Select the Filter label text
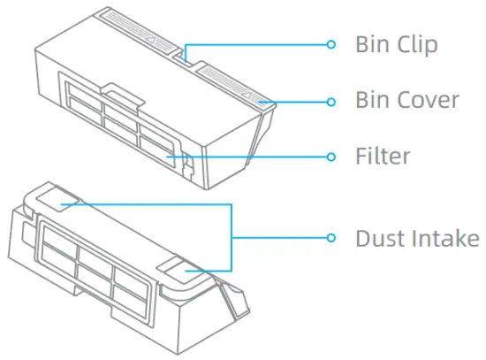[x=383, y=157]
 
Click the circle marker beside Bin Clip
[x=331, y=44]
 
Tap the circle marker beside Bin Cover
[x=331, y=101]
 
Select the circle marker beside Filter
[x=331, y=157]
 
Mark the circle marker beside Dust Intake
[x=331, y=238]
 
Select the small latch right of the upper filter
[x=188, y=162]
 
